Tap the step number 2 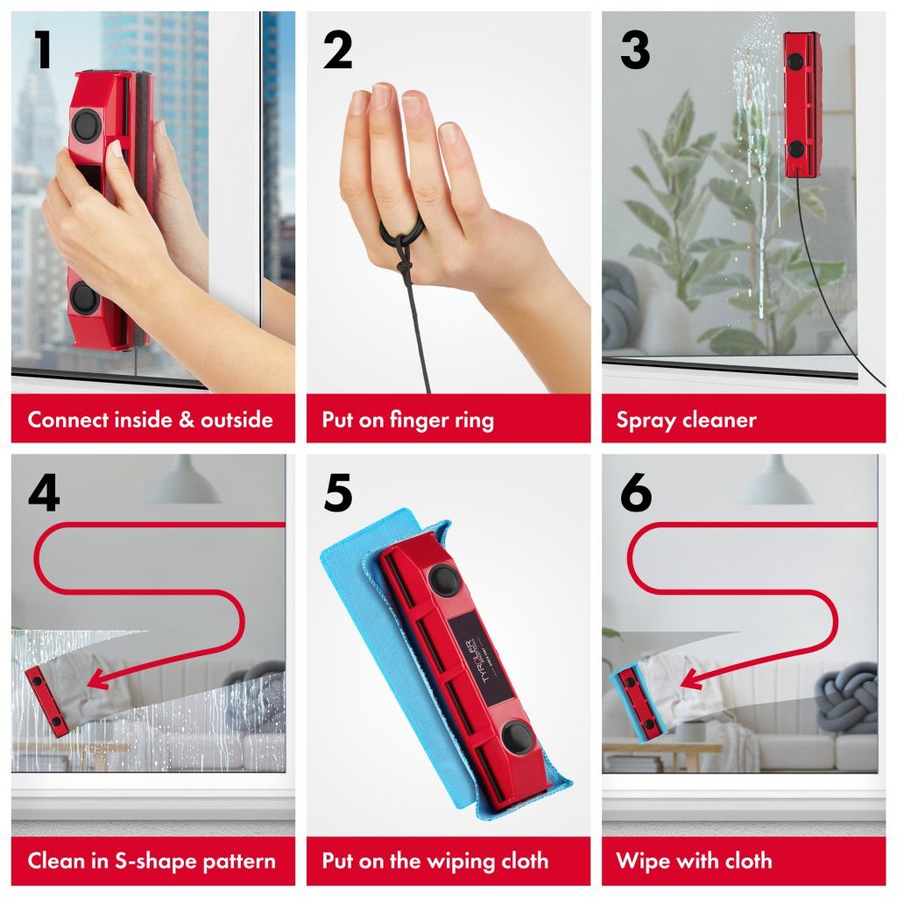(x=337, y=50)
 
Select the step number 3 (x=635, y=50)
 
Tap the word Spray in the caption (x=646, y=420)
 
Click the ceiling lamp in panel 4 (x=182, y=484)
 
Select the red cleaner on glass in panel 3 (x=802, y=104)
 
